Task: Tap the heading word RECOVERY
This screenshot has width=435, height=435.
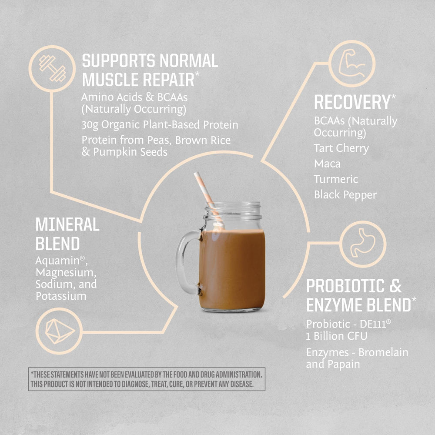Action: coord(351,102)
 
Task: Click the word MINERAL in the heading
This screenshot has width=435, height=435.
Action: coord(67,224)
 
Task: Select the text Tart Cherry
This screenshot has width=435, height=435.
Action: coord(341,148)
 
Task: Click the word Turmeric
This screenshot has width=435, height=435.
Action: coord(336,179)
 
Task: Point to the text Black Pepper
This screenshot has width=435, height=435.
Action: coord(345,195)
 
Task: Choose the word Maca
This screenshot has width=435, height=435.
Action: coord(327,164)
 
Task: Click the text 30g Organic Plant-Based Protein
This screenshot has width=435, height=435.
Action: coord(160,125)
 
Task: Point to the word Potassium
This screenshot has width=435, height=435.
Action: coord(61,296)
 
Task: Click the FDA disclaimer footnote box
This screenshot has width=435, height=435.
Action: coord(146,379)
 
